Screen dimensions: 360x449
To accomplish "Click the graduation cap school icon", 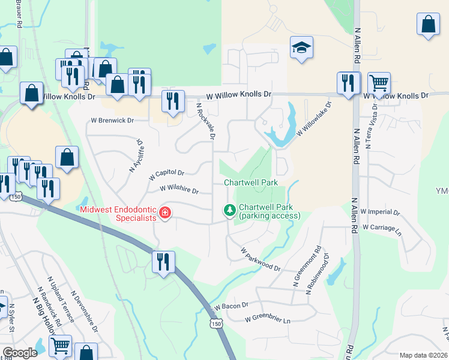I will point(302,49).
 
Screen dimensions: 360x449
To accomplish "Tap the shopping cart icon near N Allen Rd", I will point(379,83).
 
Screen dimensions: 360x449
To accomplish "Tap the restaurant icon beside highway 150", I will point(163,262).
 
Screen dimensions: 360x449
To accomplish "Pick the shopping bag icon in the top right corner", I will point(429,25).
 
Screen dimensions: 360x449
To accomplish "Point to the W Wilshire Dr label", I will point(179,190).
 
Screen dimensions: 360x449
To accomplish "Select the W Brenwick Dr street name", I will point(112,120).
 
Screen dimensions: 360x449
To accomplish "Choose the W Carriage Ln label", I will point(378,228).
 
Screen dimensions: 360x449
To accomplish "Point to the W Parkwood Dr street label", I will point(261,258).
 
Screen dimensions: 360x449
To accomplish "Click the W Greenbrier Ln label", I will point(267,320).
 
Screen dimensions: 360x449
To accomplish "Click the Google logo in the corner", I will point(20,353).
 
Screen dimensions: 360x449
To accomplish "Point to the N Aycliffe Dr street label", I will point(137,156).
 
